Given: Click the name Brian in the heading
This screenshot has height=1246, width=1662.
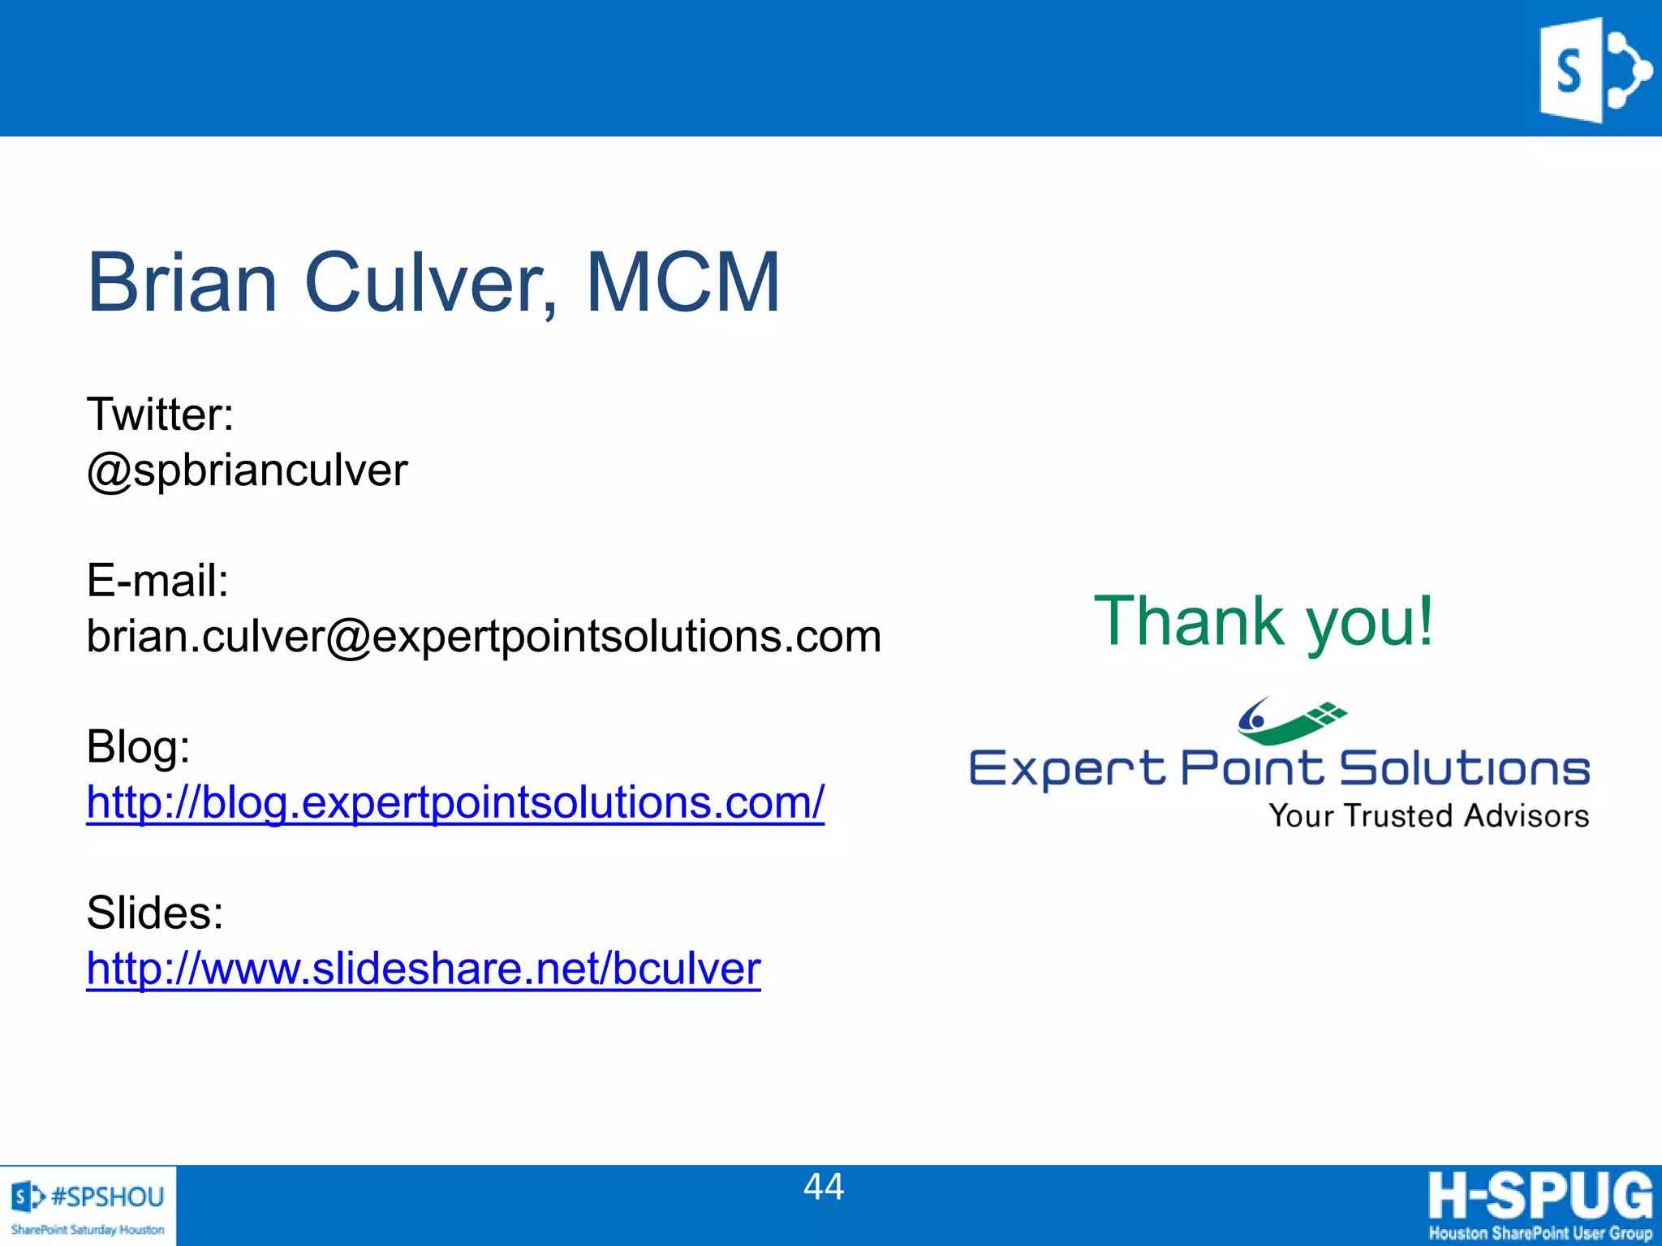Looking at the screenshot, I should tap(182, 282).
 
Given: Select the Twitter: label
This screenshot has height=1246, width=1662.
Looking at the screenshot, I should tap(160, 415).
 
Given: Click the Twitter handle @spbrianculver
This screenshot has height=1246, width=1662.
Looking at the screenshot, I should tap(247, 470).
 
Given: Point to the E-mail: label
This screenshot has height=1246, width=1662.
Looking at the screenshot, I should tap(157, 581).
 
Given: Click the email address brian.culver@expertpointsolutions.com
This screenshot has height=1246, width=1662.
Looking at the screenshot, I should tap(484, 636).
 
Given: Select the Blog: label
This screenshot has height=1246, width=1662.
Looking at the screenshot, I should tap(138, 746).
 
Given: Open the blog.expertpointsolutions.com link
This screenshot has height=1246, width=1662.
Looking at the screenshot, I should tap(455, 802).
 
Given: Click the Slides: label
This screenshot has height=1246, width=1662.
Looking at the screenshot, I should tap(154, 913).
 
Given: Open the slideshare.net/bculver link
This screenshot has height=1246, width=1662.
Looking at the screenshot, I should tap(424, 969).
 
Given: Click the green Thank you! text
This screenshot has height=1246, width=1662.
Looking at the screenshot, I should tap(1264, 621).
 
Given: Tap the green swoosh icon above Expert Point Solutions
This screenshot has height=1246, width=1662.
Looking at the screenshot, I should tap(1290, 720).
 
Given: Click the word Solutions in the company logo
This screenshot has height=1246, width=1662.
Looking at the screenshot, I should tap(1464, 768).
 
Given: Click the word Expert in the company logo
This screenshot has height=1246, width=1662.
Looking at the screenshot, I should tap(1066, 769).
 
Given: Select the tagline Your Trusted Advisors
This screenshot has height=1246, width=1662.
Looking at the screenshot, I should tap(1428, 816).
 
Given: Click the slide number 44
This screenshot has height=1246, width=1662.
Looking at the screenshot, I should tap(824, 1187).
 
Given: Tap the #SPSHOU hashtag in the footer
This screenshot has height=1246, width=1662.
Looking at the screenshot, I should tap(107, 1197).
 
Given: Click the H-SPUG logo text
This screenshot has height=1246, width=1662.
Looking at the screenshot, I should tap(1540, 1196).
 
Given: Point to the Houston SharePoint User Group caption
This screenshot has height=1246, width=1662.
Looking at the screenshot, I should tap(1540, 1233).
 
